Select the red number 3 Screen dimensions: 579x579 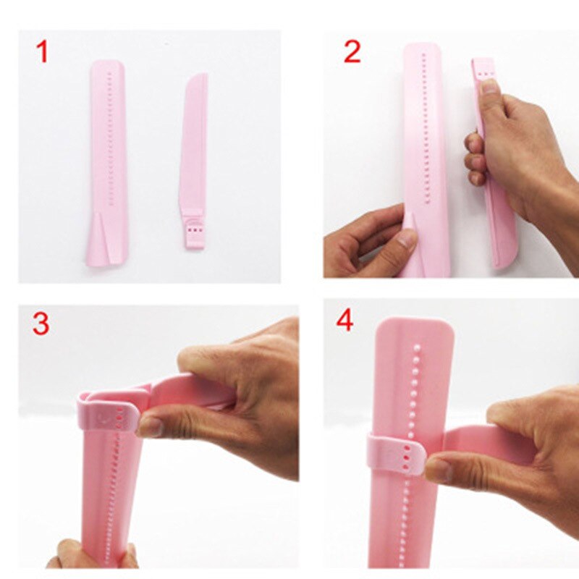(x=41, y=323)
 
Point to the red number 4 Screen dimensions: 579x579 (x=345, y=320)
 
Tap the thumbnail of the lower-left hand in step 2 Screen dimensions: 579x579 (x=406, y=240)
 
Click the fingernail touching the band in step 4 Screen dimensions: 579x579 (x=436, y=470)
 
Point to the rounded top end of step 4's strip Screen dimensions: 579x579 (x=415, y=330)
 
